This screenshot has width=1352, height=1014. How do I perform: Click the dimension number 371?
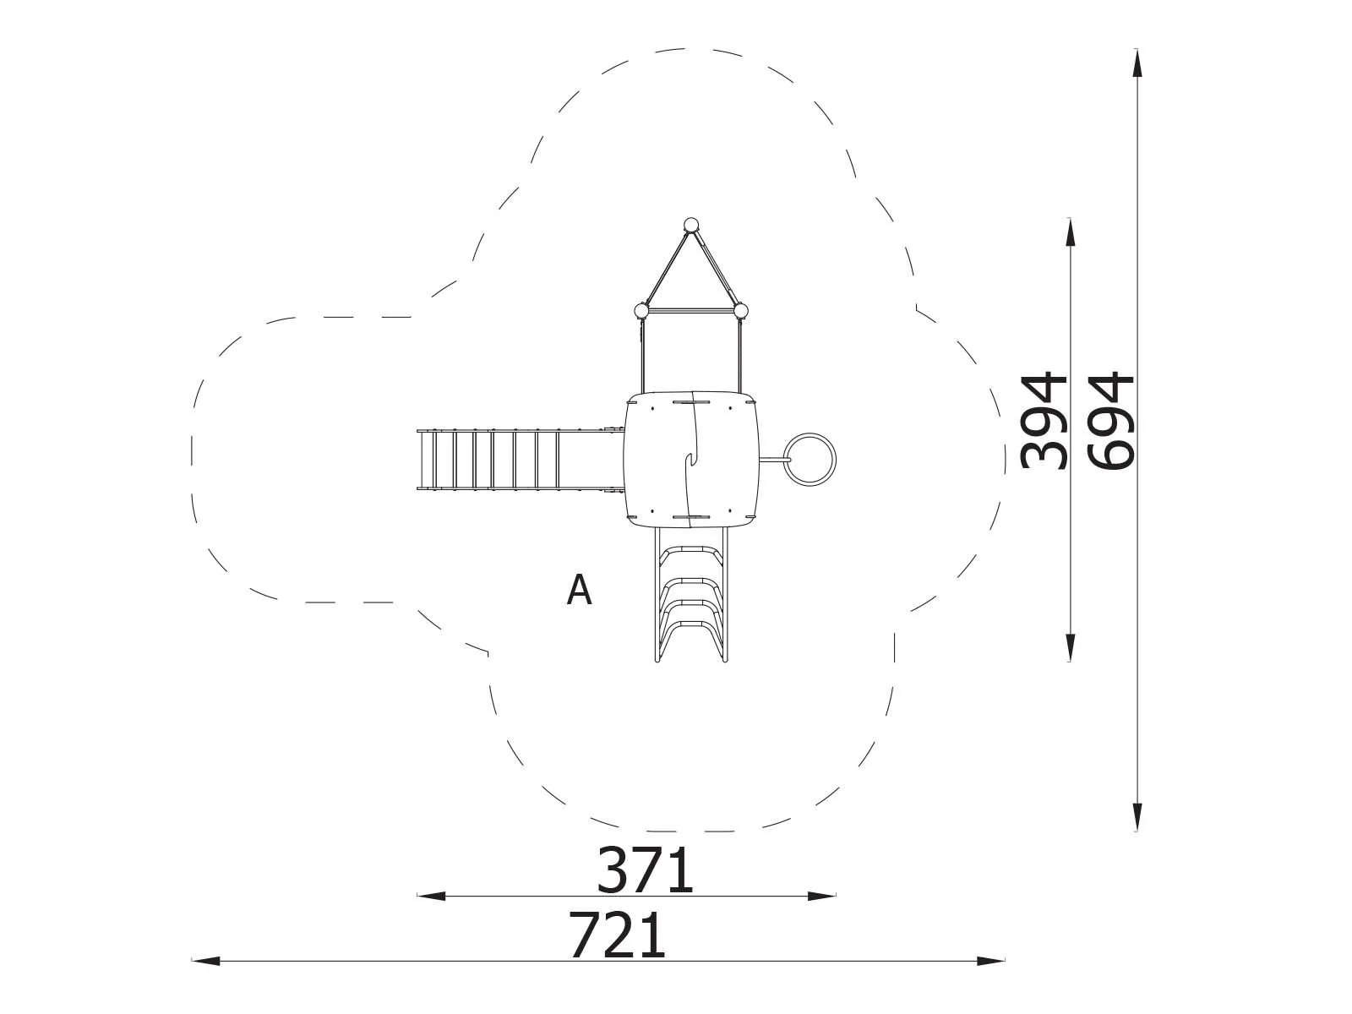pyautogui.click(x=645, y=871)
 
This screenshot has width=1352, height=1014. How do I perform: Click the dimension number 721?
pyautogui.click(x=618, y=935)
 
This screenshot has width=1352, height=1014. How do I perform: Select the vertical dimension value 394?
pyautogui.click(x=1044, y=420)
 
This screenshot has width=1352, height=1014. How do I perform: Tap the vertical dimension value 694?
pyautogui.click(x=1111, y=420)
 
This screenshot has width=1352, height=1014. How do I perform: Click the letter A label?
pyautogui.click(x=579, y=590)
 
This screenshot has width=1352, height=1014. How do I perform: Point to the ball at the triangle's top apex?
pyautogui.click(x=691, y=225)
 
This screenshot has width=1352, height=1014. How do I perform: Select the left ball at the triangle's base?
pyautogui.click(x=642, y=310)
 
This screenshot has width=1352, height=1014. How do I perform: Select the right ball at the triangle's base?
pyautogui.click(x=741, y=310)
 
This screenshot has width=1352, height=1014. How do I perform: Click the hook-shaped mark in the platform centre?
pyautogui.click(x=690, y=459)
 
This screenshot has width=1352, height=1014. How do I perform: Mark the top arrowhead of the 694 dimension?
pyautogui.click(x=1137, y=63)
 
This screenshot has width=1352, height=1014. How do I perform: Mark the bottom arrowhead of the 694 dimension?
pyautogui.click(x=1137, y=818)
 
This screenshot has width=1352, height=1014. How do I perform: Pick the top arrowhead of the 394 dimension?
pyautogui.click(x=1071, y=232)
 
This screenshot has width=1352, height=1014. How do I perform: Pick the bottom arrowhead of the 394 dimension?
pyautogui.click(x=1071, y=647)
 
